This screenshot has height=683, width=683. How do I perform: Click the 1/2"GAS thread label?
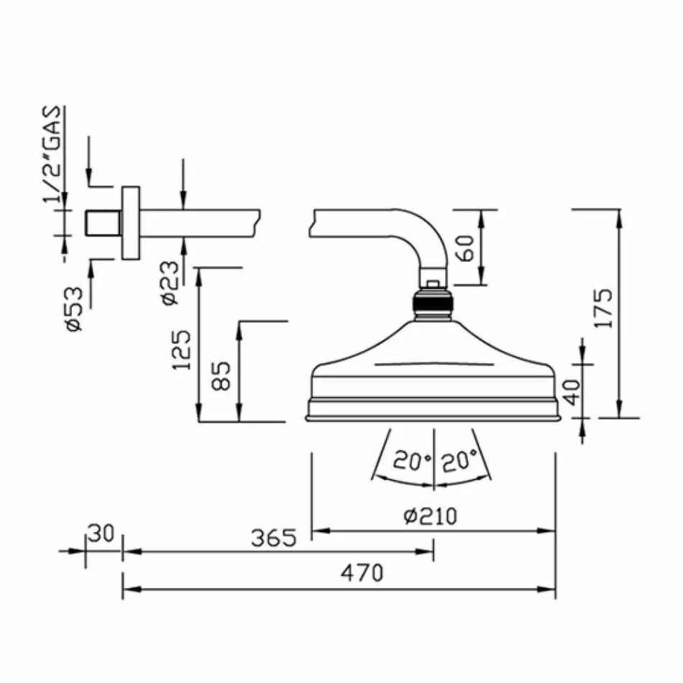(x=51, y=155)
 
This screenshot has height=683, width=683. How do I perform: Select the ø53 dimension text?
(x=74, y=308)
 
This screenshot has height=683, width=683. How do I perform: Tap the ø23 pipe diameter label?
(x=170, y=283)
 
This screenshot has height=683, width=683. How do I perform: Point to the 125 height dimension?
(x=181, y=350)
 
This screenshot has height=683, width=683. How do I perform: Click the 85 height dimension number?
(x=221, y=375)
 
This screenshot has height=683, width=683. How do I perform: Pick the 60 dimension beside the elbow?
(x=465, y=248)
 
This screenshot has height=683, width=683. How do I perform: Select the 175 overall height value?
(x=604, y=308)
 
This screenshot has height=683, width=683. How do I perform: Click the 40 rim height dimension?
(x=572, y=392)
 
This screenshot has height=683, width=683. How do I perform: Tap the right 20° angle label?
(x=459, y=461)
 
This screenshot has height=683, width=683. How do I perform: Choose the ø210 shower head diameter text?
(x=431, y=516)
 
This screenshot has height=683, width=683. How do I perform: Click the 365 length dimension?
(x=273, y=538)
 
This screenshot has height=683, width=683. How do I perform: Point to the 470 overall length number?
(x=362, y=573)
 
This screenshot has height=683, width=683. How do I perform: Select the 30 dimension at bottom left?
(x=101, y=533)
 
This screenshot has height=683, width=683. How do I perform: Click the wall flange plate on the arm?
(x=131, y=223)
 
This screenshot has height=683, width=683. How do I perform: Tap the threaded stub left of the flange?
(x=103, y=223)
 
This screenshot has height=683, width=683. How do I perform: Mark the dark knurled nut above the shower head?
(x=433, y=301)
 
